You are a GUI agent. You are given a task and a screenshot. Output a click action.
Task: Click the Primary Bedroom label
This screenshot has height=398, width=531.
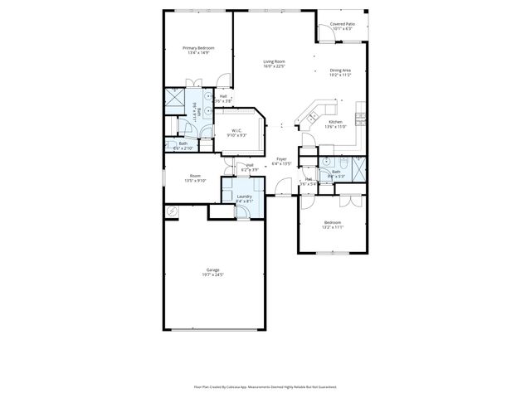click(x=198, y=48)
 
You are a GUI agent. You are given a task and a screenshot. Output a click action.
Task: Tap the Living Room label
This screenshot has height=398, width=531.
click(x=275, y=62)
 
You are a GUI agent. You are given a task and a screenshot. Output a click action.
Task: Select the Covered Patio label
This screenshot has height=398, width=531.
click(x=343, y=25)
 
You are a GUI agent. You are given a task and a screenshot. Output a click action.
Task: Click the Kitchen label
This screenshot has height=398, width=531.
click(x=335, y=122)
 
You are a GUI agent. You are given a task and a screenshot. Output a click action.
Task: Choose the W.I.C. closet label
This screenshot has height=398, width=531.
click(x=236, y=129)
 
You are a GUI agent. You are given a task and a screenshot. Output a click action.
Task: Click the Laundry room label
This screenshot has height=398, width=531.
click(x=244, y=196)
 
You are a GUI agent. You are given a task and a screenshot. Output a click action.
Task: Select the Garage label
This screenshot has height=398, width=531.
click(x=213, y=269)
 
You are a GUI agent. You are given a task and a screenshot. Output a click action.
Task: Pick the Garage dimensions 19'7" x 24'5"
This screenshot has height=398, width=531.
click(x=213, y=274)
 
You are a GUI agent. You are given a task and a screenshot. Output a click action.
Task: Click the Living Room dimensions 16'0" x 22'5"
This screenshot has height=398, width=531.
click(x=275, y=67)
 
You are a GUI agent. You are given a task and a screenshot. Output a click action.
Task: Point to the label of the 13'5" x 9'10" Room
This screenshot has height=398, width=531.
click(x=195, y=175)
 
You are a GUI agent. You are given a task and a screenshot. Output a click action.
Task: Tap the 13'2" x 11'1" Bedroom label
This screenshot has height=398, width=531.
click(x=332, y=222)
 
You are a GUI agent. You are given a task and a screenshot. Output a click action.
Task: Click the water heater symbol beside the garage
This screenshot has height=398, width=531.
click(x=172, y=212)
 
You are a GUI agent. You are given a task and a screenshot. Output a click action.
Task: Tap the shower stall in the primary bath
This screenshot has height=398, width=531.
click(x=175, y=101)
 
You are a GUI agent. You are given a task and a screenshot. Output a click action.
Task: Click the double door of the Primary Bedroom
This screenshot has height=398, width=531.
click(x=193, y=81)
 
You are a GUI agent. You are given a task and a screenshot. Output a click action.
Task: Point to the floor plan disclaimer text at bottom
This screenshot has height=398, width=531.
click(x=265, y=386)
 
